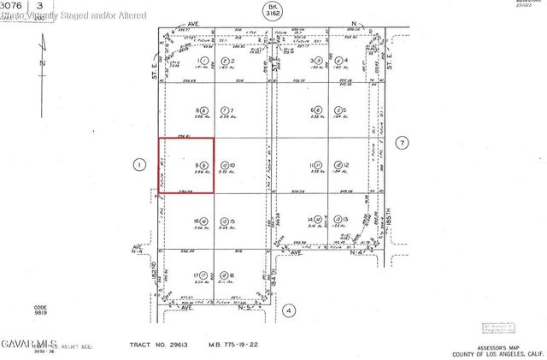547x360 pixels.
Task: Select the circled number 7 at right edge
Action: pos(402,144)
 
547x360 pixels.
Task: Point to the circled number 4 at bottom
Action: pos(289,310)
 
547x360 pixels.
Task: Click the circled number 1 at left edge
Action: pos(137,164)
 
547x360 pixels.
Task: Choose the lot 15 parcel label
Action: pos(226,220)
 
